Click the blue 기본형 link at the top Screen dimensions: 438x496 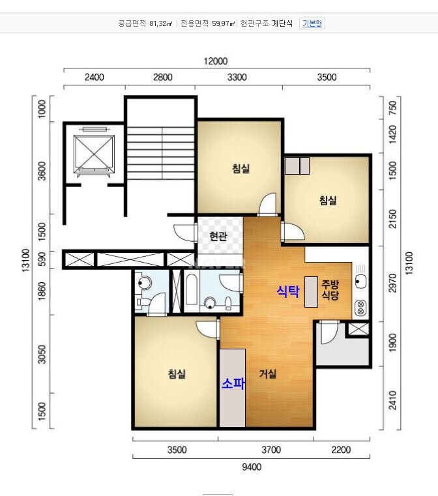click(x=312, y=23)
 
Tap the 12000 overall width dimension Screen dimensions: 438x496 click(x=216, y=61)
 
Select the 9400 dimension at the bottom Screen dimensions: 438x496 click(x=252, y=467)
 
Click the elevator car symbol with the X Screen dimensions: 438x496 click(x=94, y=154)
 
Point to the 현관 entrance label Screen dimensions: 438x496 click(x=218, y=236)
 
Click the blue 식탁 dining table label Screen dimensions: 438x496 click(x=288, y=291)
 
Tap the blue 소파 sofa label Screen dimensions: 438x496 click(x=233, y=383)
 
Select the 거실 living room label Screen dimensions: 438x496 click(x=268, y=374)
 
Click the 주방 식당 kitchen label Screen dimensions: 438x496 click(x=330, y=290)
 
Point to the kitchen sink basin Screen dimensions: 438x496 click(x=360, y=281)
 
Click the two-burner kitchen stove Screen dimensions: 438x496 click(x=360, y=308)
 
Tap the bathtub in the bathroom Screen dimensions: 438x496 click(x=191, y=289)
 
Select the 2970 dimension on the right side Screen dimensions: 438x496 click(x=392, y=284)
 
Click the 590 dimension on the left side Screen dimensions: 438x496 click(x=42, y=259)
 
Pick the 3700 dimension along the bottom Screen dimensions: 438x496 click(x=271, y=450)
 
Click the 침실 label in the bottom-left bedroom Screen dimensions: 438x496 click(x=177, y=374)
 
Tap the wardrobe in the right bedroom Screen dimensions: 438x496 click(x=297, y=166)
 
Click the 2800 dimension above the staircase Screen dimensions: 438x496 click(x=162, y=77)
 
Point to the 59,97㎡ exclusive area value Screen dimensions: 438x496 click(x=224, y=23)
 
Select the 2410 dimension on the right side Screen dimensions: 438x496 click(x=392, y=400)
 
